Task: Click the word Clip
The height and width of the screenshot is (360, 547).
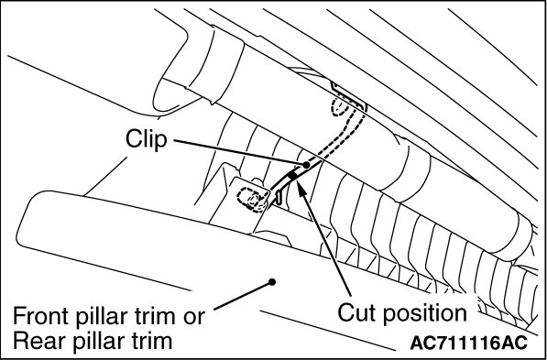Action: tap(147, 140)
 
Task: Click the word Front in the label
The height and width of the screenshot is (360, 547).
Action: tap(39, 316)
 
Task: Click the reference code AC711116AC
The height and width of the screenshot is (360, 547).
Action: tap(468, 343)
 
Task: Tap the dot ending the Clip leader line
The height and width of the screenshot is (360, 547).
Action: tap(306, 165)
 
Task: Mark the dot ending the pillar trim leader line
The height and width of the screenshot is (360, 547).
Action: tap(272, 281)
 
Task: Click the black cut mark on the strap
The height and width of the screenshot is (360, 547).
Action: tap(292, 176)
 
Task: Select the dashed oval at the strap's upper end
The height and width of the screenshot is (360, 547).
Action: tap(340, 107)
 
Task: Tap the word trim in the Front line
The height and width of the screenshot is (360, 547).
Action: tap(152, 316)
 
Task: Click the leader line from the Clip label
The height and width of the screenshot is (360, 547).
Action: tap(240, 152)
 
